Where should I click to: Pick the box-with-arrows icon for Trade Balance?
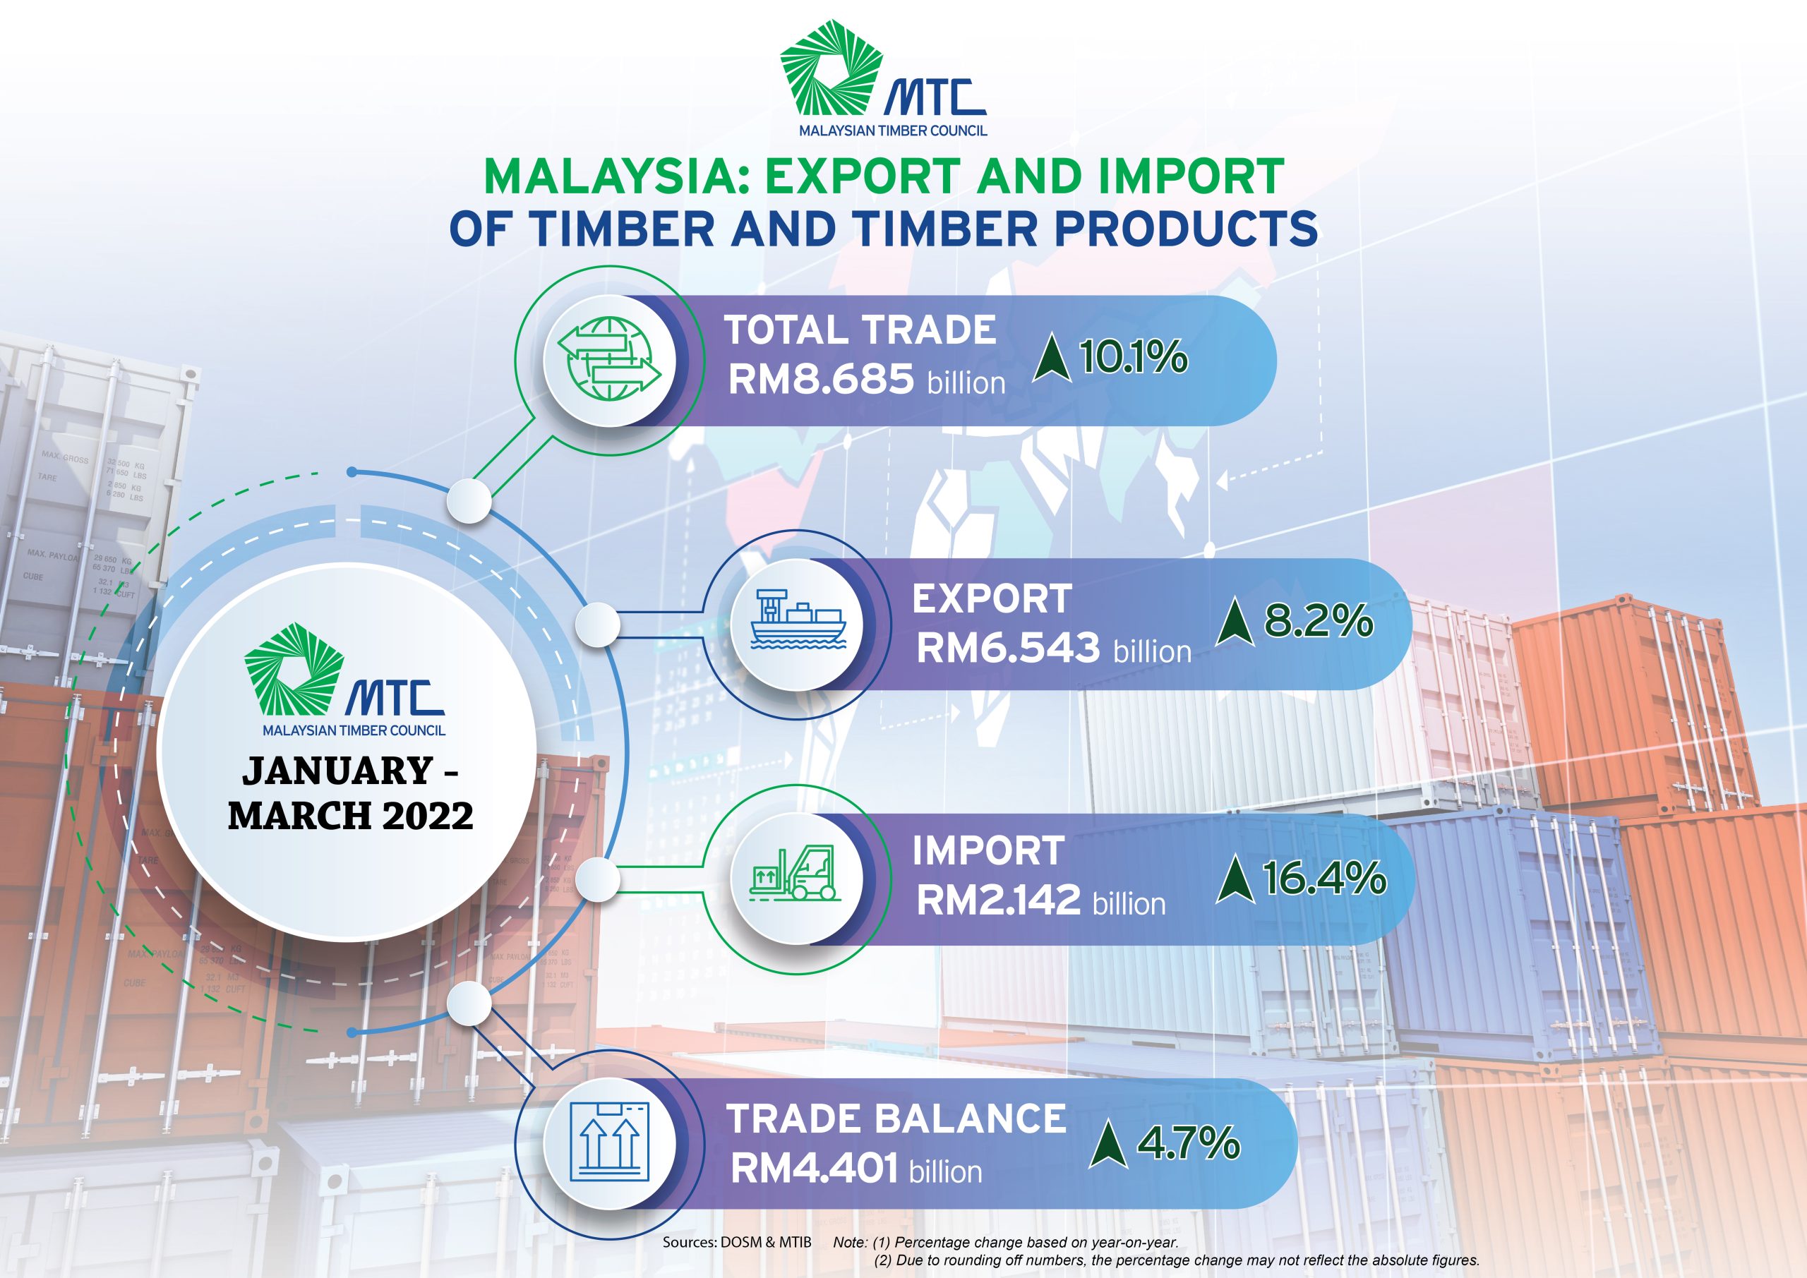[609, 1142]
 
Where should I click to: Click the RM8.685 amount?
[821, 380]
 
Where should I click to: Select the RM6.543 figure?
[1007, 648]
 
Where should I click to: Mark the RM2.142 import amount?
[998, 900]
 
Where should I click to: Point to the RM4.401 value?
[814, 1169]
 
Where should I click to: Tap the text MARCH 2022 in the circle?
[351, 815]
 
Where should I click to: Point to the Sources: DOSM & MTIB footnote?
[737, 1243]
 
